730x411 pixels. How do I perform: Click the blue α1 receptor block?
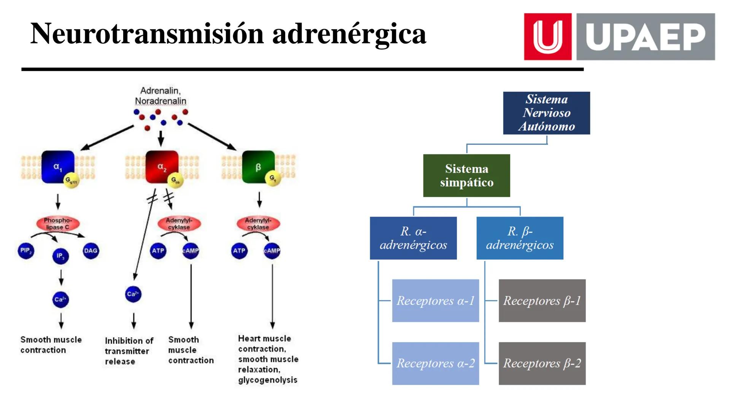click(57, 167)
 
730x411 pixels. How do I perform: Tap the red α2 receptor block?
click(162, 167)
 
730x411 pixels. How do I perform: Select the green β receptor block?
click(258, 167)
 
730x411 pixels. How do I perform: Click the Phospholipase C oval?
click(58, 224)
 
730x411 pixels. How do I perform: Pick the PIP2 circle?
click(25, 250)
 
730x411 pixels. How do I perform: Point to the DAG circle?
click(90, 250)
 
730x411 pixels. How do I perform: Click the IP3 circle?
click(60, 256)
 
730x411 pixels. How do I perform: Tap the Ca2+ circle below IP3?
click(60, 299)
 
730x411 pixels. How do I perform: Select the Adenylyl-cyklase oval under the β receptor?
click(258, 224)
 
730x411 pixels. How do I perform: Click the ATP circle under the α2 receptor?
click(158, 251)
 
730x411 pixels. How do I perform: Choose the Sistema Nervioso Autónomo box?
click(546, 113)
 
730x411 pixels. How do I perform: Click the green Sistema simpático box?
click(467, 175)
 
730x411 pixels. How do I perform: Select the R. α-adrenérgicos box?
click(413, 238)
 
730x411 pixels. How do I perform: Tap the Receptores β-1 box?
click(542, 301)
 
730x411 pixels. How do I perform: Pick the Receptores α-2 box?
click(435, 363)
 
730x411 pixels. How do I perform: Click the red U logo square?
click(547, 37)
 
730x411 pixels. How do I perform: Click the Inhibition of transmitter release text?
click(129, 351)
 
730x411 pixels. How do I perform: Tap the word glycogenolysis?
click(268, 380)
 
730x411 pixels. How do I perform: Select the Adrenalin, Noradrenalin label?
click(160, 96)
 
